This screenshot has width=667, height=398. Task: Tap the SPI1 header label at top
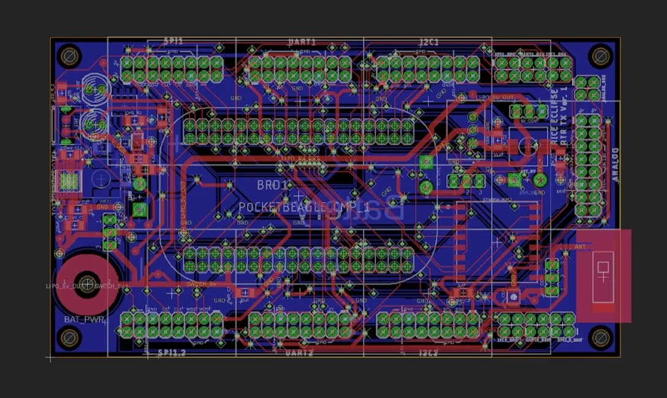point(173,41)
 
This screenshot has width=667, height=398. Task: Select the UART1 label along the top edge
point(302,42)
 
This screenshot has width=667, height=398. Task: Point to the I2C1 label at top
point(429,42)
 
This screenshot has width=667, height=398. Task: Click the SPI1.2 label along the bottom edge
point(172,353)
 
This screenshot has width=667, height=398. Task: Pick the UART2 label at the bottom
point(299,353)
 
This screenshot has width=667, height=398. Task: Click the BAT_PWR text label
point(85,320)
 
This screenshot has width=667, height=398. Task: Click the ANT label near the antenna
point(581,247)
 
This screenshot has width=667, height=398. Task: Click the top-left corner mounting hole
point(69,56)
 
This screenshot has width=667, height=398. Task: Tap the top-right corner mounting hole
point(600,56)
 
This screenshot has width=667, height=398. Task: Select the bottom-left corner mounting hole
point(69,337)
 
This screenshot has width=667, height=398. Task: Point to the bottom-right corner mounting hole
point(600,337)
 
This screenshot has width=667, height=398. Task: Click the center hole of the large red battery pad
point(87,283)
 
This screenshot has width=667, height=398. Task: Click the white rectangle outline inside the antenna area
point(603,275)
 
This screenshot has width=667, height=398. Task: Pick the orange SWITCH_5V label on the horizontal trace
point(201,285)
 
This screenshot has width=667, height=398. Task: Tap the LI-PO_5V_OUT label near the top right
point(495,97)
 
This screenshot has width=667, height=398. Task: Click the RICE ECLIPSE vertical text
point(555,116)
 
